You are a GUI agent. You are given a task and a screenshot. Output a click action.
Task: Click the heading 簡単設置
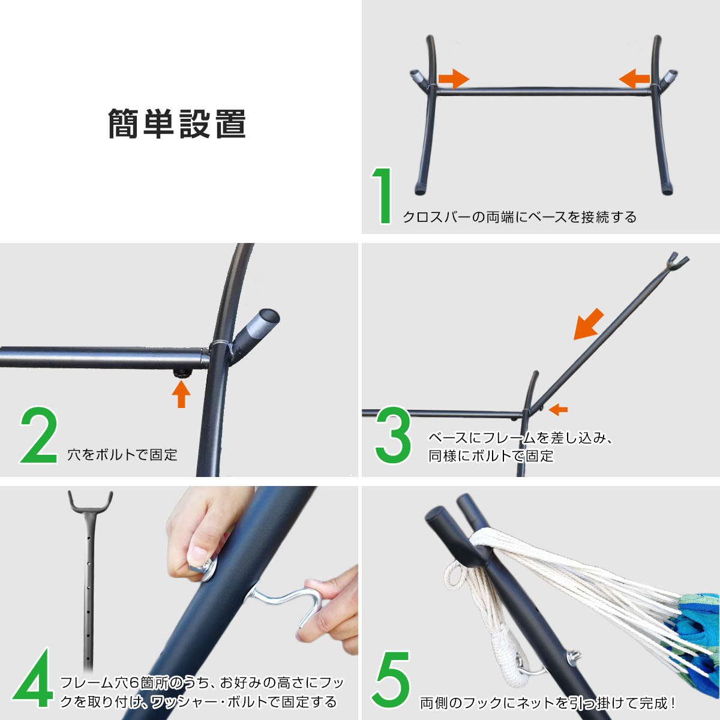click(x=177, y=124)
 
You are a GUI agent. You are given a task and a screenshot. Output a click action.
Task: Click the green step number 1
click(x=382, y=196)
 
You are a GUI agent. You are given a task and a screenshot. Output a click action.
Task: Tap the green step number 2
click(x=39, y=435)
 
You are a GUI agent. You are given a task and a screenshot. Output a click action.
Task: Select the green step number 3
click(x=393, y=435)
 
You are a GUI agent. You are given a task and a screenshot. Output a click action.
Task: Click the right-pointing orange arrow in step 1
click(x=454, y=79)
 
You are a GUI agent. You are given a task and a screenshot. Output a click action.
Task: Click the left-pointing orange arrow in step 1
click(x=634, y=79)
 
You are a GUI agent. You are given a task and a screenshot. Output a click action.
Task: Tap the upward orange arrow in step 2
click(x=181, y=394)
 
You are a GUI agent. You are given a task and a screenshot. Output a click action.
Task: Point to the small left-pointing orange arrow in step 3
click(x=558, y=410)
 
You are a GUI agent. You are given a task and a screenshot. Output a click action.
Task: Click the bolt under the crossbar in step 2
click(x=182, y=373)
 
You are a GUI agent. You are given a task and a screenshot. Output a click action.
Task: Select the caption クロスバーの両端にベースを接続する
click(x=520, y=217)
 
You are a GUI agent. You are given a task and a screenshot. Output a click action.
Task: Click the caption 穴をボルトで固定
click(x=122, y=455)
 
